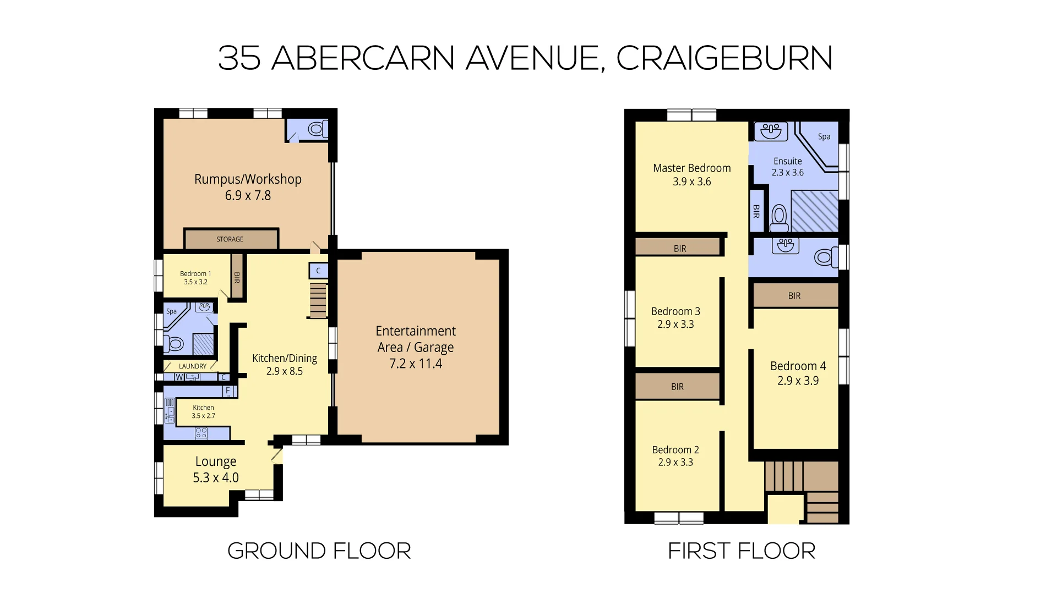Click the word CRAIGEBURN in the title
723,58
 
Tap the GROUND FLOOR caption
319,551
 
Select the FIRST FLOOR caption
741,551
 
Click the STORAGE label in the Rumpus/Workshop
230,239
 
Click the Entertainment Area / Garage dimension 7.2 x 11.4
416,364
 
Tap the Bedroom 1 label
195,273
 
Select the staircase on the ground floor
318,300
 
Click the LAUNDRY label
193,366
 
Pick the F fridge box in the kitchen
228,391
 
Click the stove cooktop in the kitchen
201,433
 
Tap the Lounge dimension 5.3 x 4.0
215,478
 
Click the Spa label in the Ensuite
824,137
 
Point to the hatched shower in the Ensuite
814,212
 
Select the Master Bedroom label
691,168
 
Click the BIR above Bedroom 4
794,296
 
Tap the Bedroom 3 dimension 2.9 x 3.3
675,324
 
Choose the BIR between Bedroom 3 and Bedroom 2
677,387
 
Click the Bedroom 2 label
675,450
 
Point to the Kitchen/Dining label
284,359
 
